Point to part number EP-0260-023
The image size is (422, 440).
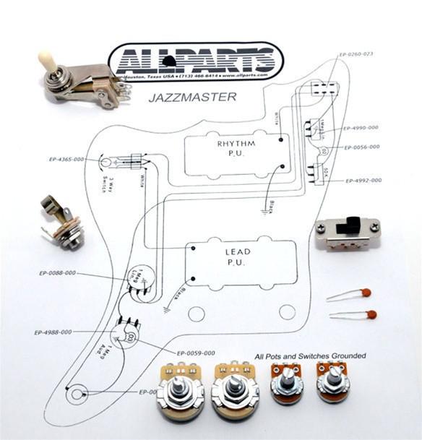[x=356, y=54]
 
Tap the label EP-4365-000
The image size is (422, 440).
[x=67, y=159]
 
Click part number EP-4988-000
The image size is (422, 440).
[x=53, y=332]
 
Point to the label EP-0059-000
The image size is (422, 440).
[x=195, y=353]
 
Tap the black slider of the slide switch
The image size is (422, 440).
[x=353, y=223]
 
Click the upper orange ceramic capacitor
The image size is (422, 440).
[x=366, y=293]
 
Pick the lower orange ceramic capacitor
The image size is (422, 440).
[x=370, y=314]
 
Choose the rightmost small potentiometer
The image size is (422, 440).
[x=334, y=382]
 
